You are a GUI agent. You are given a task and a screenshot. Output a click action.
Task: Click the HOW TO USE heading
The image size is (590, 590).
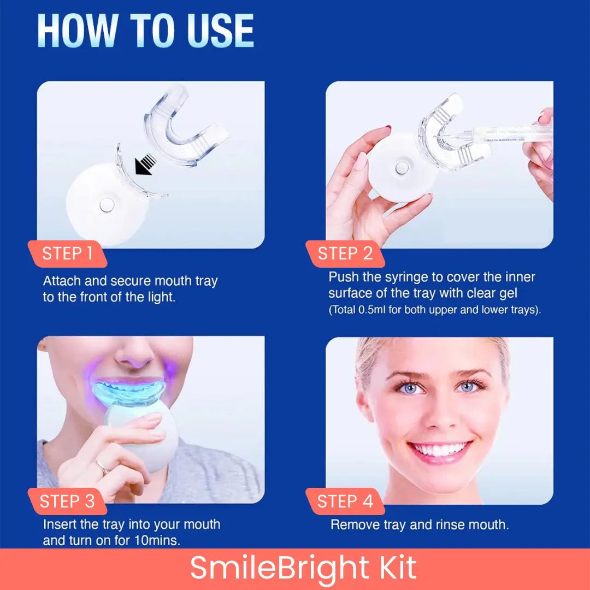point(146,31)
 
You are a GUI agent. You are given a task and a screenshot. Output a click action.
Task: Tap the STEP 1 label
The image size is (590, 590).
point(67,253)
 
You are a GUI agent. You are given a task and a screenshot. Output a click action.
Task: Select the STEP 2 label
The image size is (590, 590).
point(345,253)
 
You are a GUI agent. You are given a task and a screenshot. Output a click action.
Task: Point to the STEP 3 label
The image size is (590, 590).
point(67,501)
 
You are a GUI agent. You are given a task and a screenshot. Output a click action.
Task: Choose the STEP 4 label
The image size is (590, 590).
point(345,501)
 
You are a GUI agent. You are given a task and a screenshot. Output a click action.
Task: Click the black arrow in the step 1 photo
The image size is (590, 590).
point(145,164)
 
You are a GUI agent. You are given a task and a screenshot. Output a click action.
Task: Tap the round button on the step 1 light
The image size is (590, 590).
point(107,205)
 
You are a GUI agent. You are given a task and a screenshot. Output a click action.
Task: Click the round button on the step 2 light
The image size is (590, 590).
point(402,167)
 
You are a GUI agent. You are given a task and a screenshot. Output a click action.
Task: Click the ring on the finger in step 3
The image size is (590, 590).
point(102,467)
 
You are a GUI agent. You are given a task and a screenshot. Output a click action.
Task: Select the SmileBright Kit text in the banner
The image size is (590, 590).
point(303,568)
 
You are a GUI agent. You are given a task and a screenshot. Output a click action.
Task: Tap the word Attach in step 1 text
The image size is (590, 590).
point(62,281)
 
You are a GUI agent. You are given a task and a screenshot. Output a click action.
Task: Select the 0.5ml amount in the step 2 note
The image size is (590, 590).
point(372,310)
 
